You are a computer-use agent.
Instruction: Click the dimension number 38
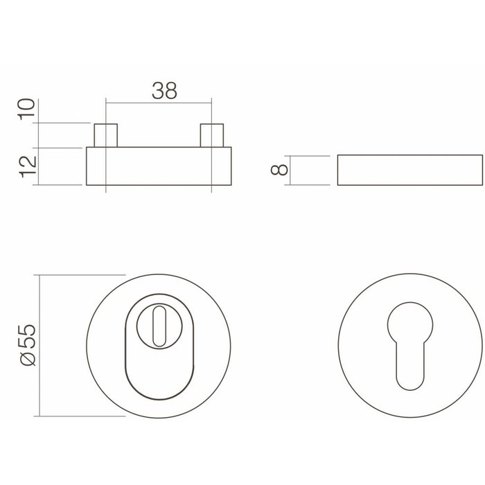pos(164,90)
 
